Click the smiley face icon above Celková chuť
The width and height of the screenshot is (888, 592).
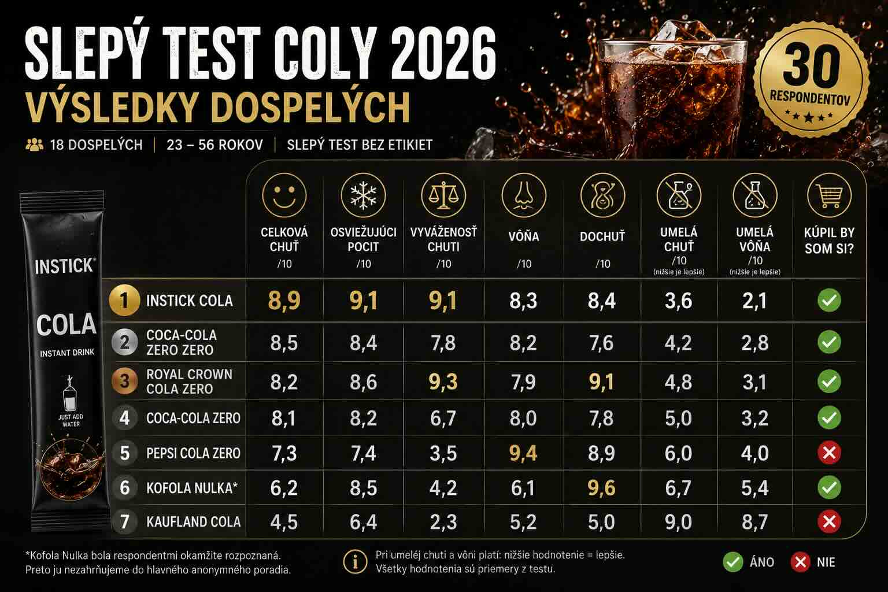tap(284, 195)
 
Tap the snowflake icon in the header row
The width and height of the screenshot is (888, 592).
tap(363, 195)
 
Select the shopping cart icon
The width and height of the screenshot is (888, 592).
tap(829, 195)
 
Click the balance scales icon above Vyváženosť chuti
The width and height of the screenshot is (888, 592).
tap(443, 195)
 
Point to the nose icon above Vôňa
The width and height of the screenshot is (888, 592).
tap(524, 195)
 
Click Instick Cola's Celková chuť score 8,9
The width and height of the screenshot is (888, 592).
tap(284, 301)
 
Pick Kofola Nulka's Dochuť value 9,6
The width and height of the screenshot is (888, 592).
tap(602, 488)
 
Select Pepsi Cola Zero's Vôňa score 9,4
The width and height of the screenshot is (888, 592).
tap(523, 453)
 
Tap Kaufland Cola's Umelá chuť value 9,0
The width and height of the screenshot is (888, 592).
tap(678, 522)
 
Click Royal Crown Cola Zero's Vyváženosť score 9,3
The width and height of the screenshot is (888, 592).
tap(443, 382)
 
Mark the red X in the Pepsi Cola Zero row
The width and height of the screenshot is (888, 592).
tap(829, 453)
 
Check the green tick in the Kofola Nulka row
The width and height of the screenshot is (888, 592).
tap(829, 487)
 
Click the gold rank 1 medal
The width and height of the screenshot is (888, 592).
tap(124, 301)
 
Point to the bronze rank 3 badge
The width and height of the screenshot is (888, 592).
tap(124, 382)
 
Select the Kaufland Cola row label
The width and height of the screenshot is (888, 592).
tap(194, 522)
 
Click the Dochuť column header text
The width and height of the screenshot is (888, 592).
tap(602, 236)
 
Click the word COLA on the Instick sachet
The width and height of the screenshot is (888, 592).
tap(66, 325)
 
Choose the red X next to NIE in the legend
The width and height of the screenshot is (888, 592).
tap(800, 563)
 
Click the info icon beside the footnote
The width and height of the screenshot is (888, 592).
tap(355, 561)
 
